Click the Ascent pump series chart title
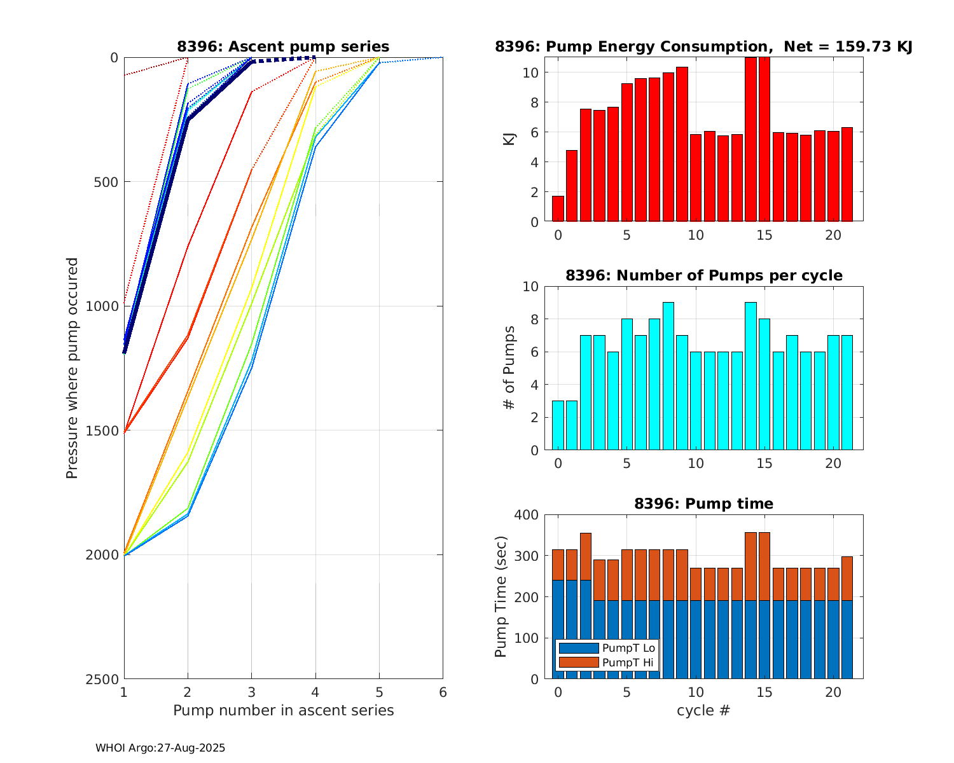click(283, 46)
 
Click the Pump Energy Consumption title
click(703, 46)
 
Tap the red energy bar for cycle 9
click(682, 144)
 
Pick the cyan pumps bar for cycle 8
click(668, 376)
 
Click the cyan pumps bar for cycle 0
click(558, 425)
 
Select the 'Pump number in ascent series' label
click(283, 710)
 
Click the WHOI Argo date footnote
click(160, 748)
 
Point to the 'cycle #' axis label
click(703, 710)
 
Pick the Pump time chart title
click(703, 504)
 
